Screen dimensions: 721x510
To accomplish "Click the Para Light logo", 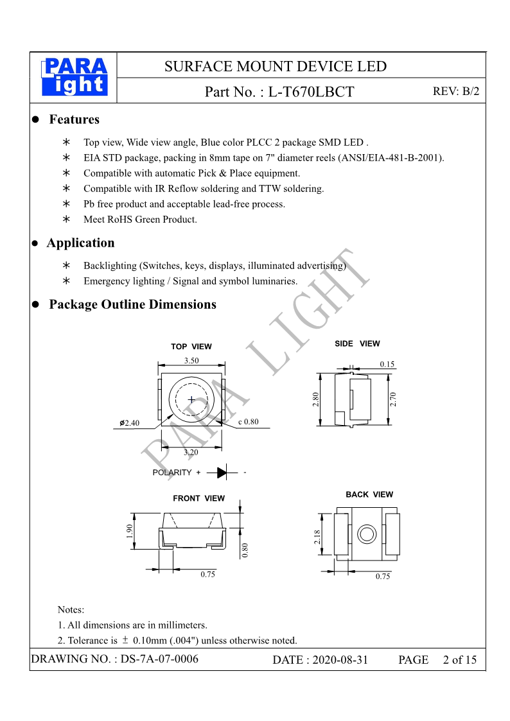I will coord(75,78).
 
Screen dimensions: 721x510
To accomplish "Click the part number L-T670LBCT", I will coord(311,92).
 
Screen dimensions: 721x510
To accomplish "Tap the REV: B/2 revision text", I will coord(456,91).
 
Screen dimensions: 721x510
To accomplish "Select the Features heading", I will coord(74,119).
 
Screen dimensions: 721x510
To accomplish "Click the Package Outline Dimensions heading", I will coord(132,304).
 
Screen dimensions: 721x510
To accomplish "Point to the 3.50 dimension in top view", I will coord(191,361).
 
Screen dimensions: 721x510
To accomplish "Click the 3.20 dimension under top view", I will coord(191,452).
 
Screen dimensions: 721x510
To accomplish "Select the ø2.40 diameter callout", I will coord(130,423).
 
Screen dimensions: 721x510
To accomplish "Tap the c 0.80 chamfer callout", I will coord(248,422).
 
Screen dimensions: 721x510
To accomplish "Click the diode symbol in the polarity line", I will coord(222,473).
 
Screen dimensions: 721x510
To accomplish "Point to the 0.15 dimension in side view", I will coord(387,364).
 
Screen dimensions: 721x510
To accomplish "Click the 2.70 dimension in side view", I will coord(394,399).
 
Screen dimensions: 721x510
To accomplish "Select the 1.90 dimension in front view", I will coord(130,531).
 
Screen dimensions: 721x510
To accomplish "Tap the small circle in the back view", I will coord(367,534).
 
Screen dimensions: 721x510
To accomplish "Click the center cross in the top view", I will coord(191,399).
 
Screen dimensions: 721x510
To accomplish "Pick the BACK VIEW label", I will coord(369,494).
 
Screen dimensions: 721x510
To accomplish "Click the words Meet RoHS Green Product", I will coord(140,220).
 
